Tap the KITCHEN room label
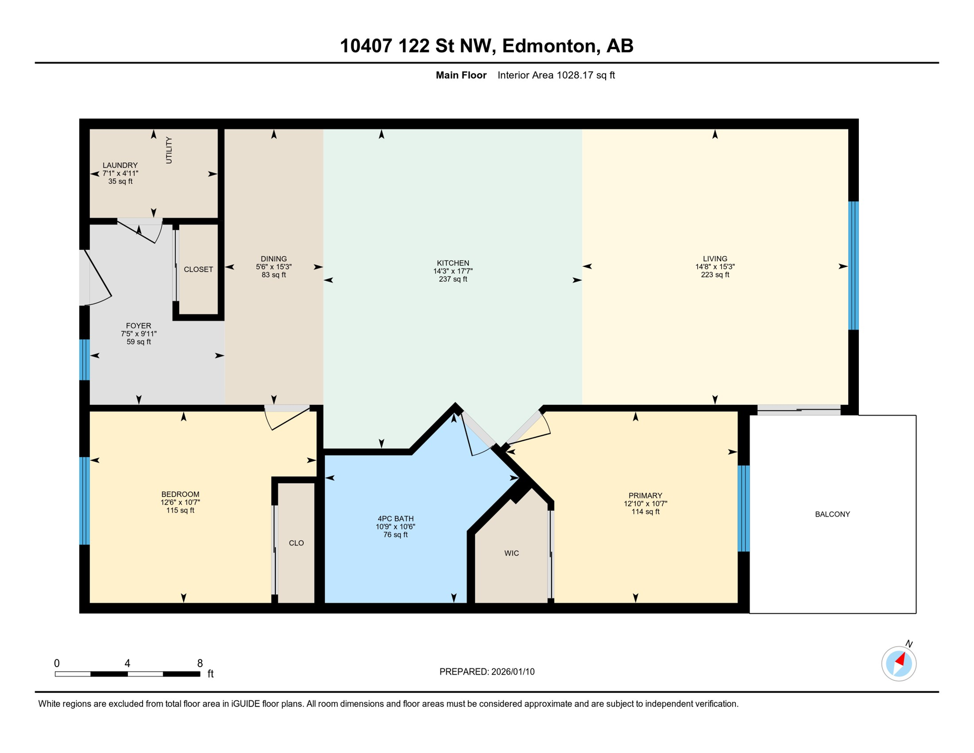coord(453,263)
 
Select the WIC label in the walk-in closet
coord(511,553)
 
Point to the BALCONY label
coord(832,514)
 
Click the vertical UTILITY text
coord(169,150)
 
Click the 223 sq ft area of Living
coord(715,275)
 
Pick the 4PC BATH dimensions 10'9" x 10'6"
coord(395,527)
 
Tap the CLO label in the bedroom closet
coord(296,543)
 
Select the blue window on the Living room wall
coord(853,265)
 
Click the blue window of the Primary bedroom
coord(743,508)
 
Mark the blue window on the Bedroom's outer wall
coord(84,501)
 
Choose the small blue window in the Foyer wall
coord(84,359)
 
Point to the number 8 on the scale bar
coord(200,663)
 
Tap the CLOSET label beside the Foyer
coord(198,269)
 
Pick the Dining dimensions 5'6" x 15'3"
coord(273,267)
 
